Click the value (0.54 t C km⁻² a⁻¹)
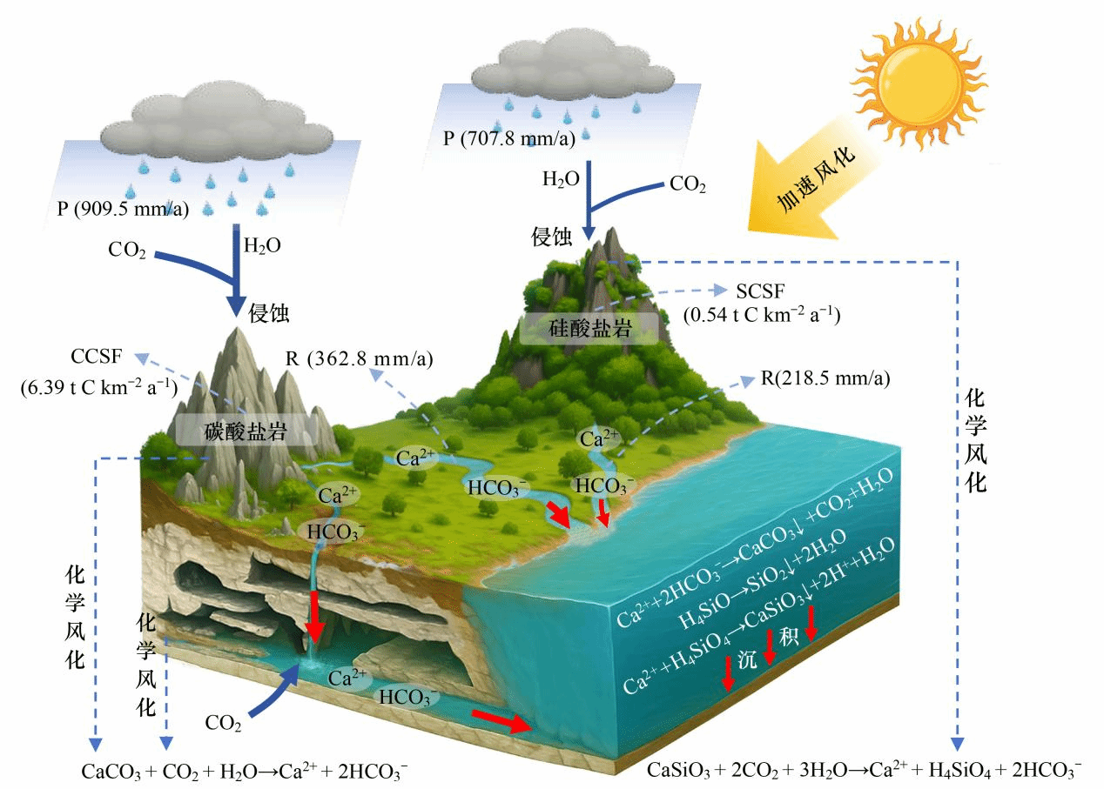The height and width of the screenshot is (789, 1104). pyautogui.click(x=762, y=314)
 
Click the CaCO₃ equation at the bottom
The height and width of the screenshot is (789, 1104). pyautogui.click(x=245, y=771)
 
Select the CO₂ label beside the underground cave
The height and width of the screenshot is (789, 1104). pyautogui.click(x=224, y=721)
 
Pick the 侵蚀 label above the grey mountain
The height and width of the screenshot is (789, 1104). pyautogui.click(x=270, y=313)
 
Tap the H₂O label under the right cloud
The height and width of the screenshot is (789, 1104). pyautogui.click(x=561, y=181)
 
